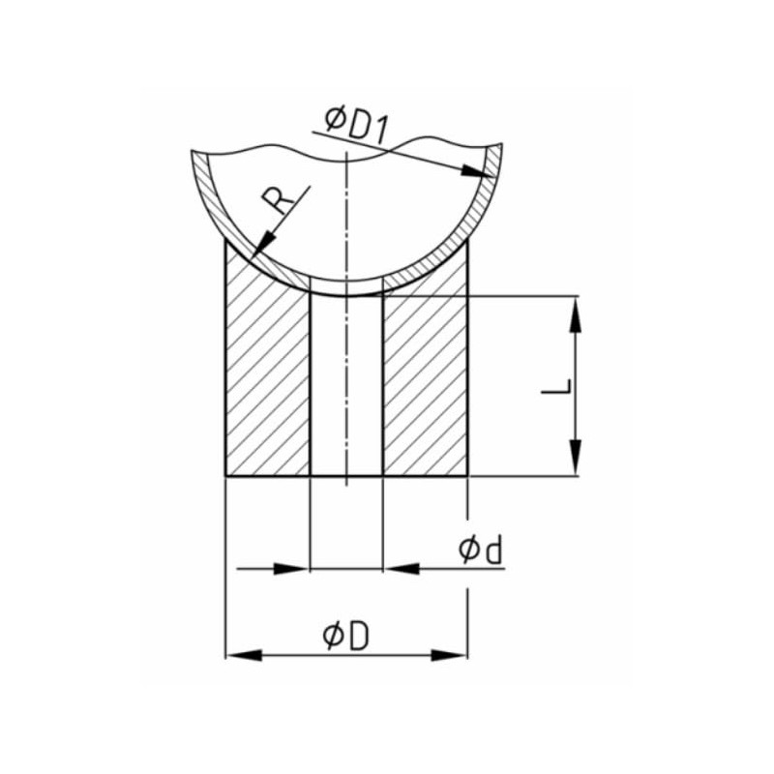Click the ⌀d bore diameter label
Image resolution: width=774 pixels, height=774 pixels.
[481, 551]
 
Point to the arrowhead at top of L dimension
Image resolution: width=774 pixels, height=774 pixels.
[576, 313]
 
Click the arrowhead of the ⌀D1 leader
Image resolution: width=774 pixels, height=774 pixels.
[474, 171]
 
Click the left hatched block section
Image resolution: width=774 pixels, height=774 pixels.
[267, 387]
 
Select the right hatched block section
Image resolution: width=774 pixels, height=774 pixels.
[426, 387]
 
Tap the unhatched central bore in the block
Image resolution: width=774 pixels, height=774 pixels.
[346, 387]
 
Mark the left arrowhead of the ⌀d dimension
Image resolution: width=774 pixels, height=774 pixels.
[294, 569]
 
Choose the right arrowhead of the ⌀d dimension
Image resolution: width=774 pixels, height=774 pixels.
[399, 569]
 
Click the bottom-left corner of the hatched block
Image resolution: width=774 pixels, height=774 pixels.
[225, 476]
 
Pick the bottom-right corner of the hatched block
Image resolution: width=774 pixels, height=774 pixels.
[469, 476]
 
